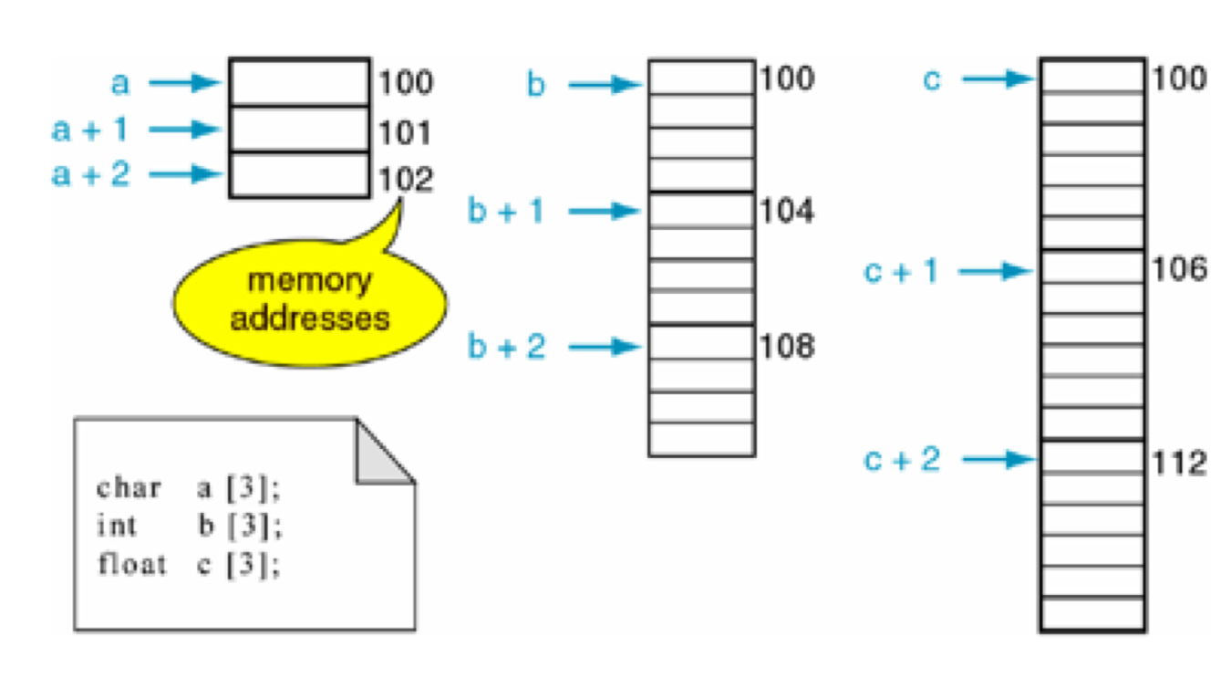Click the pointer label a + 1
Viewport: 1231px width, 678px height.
(x=89, y=130)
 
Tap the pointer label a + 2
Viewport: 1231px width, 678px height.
(x=89, y=173)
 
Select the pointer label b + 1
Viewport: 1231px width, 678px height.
(x=506, y=212)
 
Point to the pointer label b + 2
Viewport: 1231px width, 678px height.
(x=506, y=347)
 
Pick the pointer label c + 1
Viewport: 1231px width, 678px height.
(x=901, y=271)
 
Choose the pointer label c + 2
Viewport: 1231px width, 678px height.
(x=901, y=459)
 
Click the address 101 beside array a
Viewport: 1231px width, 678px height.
(x=406, y=132)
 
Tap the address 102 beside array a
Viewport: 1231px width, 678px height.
(x=406, y=179)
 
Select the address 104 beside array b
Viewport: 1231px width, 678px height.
(x=786, y=212)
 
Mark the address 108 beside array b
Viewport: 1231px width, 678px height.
(x=786, y=347)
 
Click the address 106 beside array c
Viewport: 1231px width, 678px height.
(x=1178, y=269)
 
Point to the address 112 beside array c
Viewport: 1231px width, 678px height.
(x=1178, y=464)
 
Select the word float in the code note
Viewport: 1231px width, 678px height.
(x=132, y=564)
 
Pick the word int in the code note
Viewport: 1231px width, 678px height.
(x=116, y=527)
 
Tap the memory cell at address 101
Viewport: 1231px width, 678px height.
(x=299, y=130)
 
